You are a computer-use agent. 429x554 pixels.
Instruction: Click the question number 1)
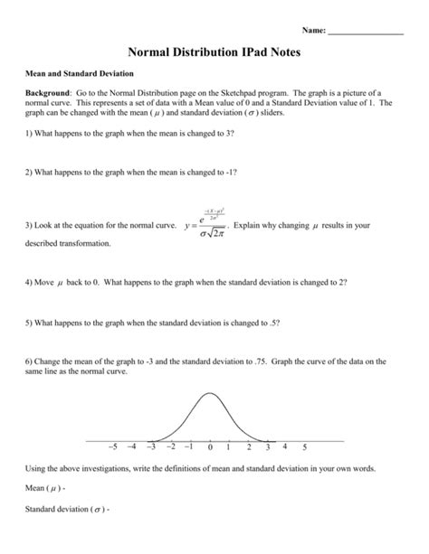[29, 133]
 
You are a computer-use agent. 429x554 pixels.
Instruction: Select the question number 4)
[29, 282]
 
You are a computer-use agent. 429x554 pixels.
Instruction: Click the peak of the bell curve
[209, 393]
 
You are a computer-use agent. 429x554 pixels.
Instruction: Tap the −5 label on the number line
[112, 447]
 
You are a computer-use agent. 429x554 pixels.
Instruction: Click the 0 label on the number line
[209, 447]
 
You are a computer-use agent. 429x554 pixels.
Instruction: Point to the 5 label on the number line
[304, 447]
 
